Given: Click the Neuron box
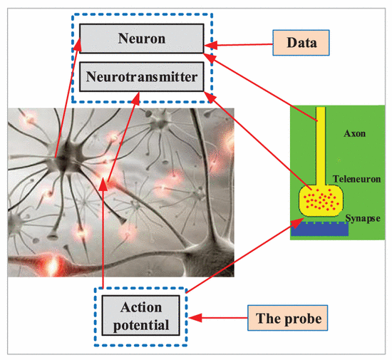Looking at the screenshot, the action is click(142, 38).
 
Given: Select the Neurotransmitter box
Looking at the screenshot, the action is click(142, 76).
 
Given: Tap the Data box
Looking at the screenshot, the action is click(301, 43).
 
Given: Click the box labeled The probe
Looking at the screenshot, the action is click(287, 318).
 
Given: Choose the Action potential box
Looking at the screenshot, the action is click(140, 316).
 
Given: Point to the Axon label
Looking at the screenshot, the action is click(354, 133).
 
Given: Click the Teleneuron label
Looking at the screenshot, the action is click(357, 179).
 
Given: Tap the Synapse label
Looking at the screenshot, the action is click(363, 219).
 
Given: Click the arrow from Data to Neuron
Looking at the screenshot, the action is click(239, 45).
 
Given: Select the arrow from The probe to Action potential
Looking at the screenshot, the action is click(218, 318).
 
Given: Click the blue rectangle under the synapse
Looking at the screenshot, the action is click(319, 229).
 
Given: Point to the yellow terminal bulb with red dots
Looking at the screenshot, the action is click(321, 200).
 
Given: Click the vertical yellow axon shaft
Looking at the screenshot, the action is click(321, 146).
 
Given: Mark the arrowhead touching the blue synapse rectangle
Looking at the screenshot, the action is click(297, 223).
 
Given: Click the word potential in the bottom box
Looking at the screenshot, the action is click(141, 326).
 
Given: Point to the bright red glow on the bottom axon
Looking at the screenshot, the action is click(53, 266).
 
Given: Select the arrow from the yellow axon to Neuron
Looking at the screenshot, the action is click(261, 87).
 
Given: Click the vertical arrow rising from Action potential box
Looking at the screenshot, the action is click(103, 233).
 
